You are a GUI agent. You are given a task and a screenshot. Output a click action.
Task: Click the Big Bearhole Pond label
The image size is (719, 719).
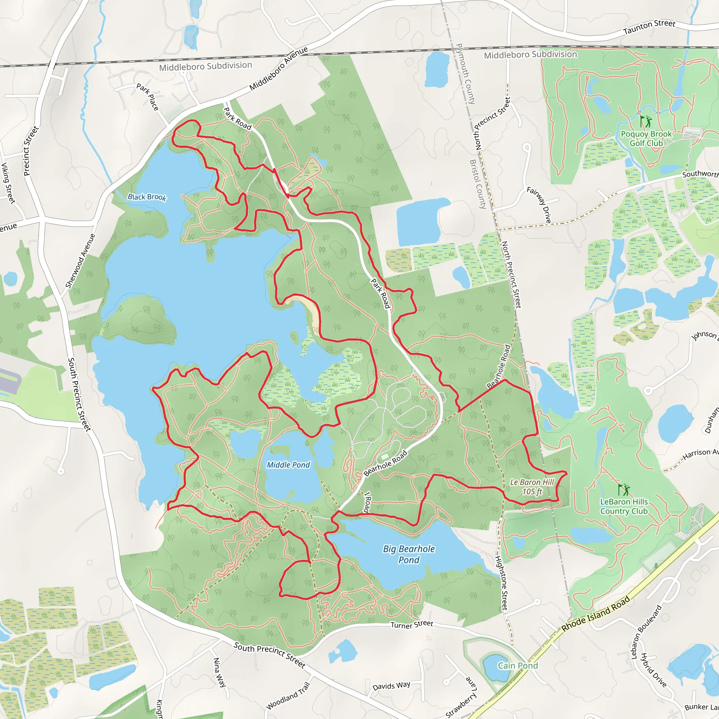(x=409, y=554)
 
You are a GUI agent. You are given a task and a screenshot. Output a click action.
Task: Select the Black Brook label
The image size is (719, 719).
(x=147, y=197)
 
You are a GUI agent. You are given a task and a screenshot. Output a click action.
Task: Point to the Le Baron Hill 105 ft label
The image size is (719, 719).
(x=532, y=487)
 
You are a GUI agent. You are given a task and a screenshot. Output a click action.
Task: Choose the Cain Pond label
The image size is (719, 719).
(x=518, y=665)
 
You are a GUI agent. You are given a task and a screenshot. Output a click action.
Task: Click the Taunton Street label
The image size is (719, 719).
(x=649, y=27)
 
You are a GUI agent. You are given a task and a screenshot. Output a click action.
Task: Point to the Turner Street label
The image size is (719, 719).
(x=411, y=625)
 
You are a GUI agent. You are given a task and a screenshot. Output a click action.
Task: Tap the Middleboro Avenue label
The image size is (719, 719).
(x=278, y=68)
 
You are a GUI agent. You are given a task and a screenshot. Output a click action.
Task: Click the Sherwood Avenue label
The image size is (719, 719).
(x=80, y=261)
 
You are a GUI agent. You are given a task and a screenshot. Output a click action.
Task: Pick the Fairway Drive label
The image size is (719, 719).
(x=539, y=205)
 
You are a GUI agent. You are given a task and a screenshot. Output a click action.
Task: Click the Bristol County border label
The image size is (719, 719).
(x=478, y=184)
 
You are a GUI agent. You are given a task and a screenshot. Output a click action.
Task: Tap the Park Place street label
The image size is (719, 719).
(x=148, y=97)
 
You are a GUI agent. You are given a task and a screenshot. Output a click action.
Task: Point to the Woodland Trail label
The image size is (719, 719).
(x=288, y=696)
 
